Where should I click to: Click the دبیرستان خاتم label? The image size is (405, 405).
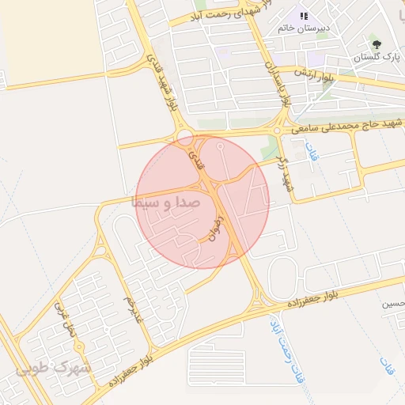[x=301, y=28]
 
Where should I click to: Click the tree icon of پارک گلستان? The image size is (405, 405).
[x=377, y=44]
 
